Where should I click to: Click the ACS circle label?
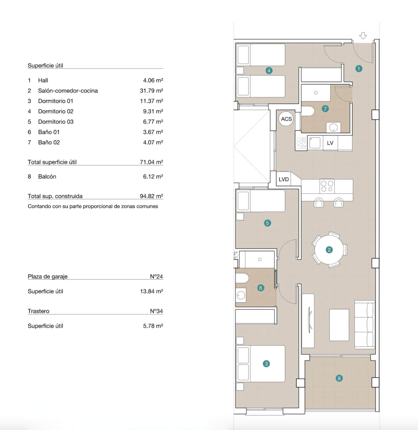point(286,119)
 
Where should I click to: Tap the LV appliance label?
point(330,143)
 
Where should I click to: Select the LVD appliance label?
point(284,179)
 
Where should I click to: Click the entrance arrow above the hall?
point(363,36)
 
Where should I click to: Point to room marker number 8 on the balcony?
point(339,378)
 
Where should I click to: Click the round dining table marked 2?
point(329,250)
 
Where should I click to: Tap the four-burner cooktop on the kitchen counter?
point(327,186)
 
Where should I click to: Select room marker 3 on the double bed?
point(266,364)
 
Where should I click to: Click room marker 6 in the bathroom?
point(261,288)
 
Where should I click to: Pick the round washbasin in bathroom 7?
point(333,128)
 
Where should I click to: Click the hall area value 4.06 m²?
point(153,80)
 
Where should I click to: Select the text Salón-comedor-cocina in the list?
point(68,91)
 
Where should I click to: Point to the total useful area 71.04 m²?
point(151,162)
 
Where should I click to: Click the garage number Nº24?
point(156,277)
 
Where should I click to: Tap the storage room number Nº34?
point(156,311)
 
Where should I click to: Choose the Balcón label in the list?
point(47,176)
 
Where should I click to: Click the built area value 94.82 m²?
point(151,196)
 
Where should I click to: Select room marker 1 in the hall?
point(359,69)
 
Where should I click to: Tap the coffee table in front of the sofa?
point(339,325)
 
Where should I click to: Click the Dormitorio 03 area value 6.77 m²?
point(153,122)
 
